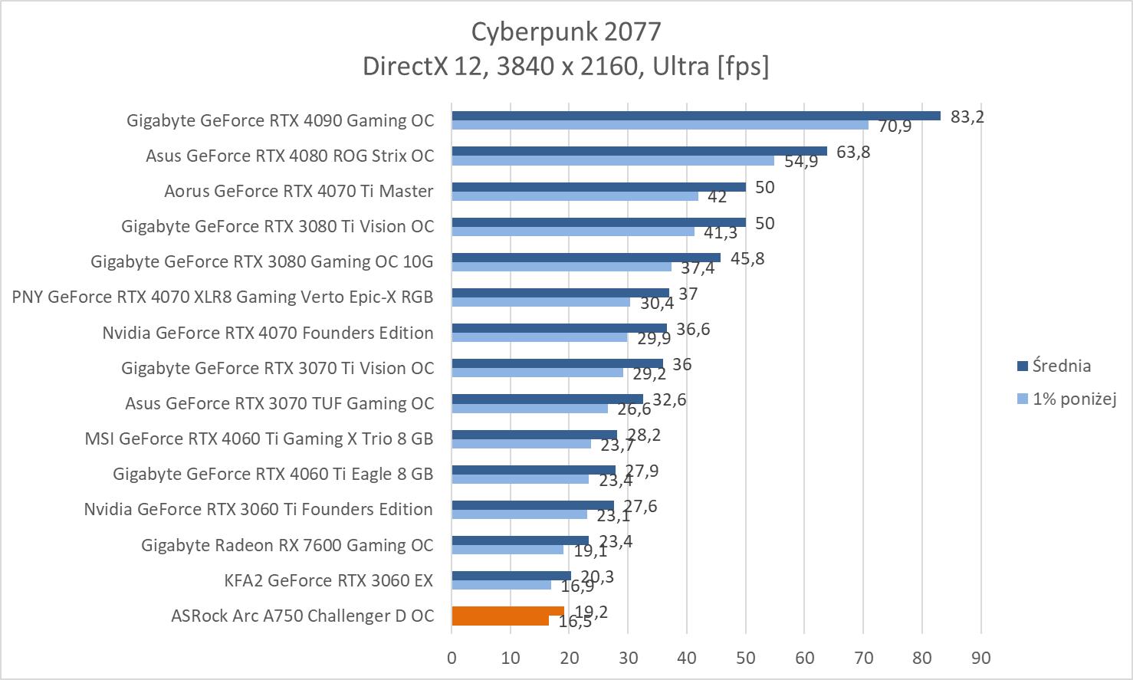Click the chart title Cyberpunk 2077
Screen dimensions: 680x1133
pyautogui.click(x=566, y=31)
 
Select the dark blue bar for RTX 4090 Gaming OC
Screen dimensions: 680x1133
pyautogui.click(x=695, y=116)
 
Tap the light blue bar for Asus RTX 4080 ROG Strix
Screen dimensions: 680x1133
pyautogui.click(x=612, y=161)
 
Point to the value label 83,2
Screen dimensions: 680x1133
pyautogui.click(x=967, y=117)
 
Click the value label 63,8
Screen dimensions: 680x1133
pyautogui.click(x=853, y=152)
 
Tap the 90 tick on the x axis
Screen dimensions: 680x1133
pyautogui.click(x=980, y=658)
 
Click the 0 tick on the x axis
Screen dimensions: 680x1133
pyautogui.click(x=452, y=658)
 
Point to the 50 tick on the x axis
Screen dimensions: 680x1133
pyautogui.click(x=745, y=658)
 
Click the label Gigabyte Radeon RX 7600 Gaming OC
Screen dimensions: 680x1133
pyautogui.click(x=287, y=545)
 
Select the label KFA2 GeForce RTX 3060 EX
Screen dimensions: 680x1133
pyautogui.click(x=329, y=580)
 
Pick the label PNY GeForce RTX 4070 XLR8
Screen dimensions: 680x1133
pyautogui.click(x=222, y=297)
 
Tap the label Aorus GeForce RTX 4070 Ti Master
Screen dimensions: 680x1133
pyautogui.click(x=299, y=191)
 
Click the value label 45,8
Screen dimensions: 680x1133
pyautogui.click(x=747, y=258)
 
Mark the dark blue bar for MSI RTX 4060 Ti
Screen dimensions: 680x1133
pyautogui.click(x=534, y=434)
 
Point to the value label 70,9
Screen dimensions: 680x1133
pyautogui.click(x=895, y=126)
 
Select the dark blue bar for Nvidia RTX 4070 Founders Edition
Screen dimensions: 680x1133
pyautogui.click(x=559, y=328)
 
